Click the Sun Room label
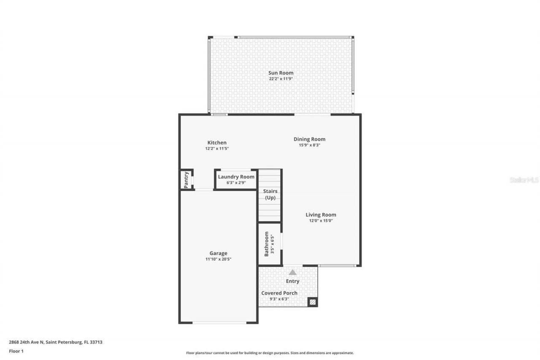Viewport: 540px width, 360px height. pos(281,73)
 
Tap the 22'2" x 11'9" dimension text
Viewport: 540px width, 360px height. pos(281,79)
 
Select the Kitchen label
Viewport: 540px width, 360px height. pos(217,143)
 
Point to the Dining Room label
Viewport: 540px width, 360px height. pos(309,139)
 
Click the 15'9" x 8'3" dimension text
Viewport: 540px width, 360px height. pos(309,145)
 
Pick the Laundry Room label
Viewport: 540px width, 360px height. pos(236,177)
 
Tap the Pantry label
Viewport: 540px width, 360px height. pos(186,180)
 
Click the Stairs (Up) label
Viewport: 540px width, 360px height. pos(270,195)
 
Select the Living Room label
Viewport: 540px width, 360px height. pos(321,215)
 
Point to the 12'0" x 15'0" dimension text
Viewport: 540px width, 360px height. pos(321,221)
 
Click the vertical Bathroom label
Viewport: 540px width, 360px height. pos(267,244)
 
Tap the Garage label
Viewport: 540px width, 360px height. pos(218,253)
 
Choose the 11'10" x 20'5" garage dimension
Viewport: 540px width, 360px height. pos(218,259)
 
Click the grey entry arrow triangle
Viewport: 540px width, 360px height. pos(292,273)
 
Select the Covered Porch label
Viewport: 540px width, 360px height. pos(279,293)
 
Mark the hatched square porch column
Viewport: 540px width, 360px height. pos(312,302)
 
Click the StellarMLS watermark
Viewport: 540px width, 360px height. pos(524,180)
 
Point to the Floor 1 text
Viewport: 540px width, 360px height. pos(16,351)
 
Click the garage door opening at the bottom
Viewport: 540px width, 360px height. pos(219,323)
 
